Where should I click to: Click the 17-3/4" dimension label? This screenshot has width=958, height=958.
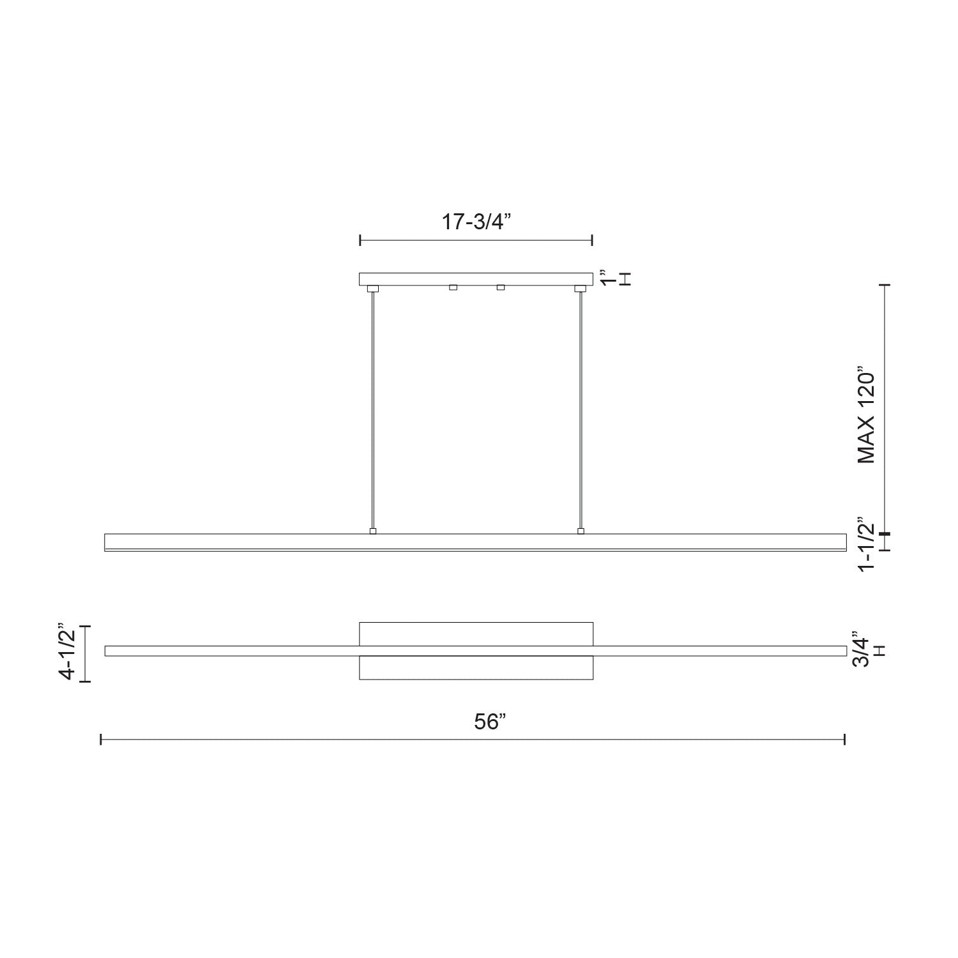tap(477, 222)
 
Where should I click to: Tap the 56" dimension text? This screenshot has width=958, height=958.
tap(490, 722)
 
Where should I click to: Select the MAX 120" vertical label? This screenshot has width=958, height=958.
tap(866, 415)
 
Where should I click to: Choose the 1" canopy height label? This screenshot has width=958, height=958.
tap(606, 279)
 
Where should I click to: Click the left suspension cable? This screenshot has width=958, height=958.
tap(372, 409)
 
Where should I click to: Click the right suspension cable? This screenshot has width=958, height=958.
tap(581, 409)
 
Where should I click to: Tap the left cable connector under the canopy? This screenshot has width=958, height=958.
tap(372, 289)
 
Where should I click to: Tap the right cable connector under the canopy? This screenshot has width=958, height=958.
tap(580, 289)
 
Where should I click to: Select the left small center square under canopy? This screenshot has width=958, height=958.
tap(453, 287)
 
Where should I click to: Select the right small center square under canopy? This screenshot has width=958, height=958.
tap(501, 287)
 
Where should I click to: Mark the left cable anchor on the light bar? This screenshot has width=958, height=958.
tap(373, 531)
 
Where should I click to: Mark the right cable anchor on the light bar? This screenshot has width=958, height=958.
tap(581, 531)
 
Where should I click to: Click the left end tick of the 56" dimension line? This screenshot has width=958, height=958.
tap(102, 740)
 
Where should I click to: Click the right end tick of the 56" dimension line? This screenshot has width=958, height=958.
tap(845, 740)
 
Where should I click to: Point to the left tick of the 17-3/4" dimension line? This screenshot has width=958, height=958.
tap(360, 240)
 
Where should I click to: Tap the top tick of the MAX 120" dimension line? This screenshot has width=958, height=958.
tap(885, 285)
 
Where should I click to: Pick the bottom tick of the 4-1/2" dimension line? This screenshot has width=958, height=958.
tap(86, 681)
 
